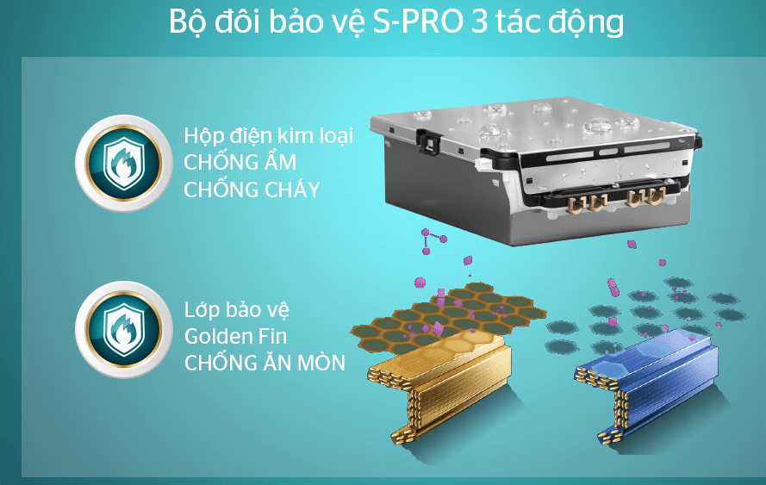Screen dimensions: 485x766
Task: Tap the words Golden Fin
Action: click(235, 336)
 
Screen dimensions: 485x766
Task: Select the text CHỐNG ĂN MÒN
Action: click(265, 363)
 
